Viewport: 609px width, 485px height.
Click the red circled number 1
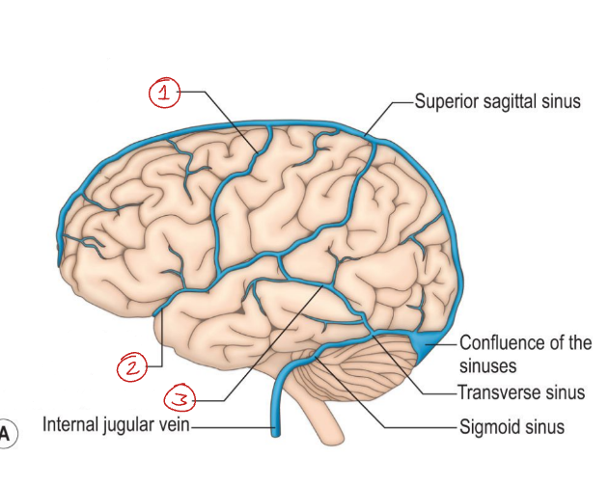coord(165,93)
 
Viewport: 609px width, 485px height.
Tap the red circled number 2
coord(132,366)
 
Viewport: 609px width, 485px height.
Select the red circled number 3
coord(180,396)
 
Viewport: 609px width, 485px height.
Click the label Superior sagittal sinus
coord(497,100)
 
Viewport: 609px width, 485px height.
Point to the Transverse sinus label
coord(521,392)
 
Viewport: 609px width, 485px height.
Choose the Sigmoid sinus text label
coord(512,425)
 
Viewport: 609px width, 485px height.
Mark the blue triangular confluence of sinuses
coord(423,341)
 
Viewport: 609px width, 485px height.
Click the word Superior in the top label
coord(446,100)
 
